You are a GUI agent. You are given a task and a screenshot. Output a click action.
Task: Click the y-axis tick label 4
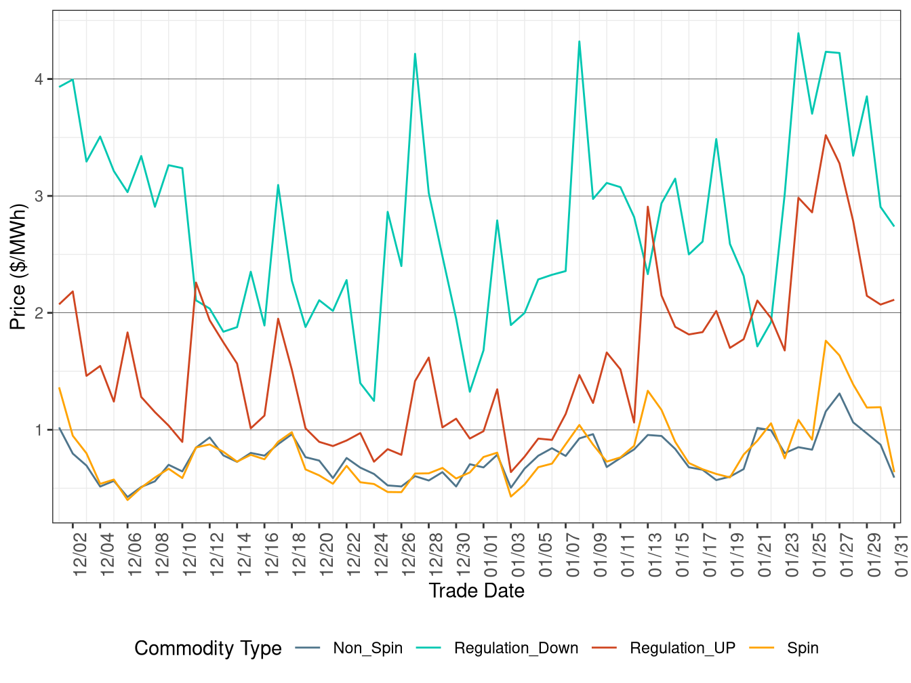click(x=39, y=79)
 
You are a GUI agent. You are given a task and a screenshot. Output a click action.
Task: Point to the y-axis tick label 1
click(x=39, y=430)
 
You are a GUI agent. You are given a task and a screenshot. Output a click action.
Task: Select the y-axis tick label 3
click(x=39, y=196)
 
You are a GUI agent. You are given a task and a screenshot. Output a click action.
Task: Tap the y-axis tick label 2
click(x=39, y=313)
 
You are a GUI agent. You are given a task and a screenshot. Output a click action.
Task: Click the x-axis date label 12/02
click(x=80, y=554)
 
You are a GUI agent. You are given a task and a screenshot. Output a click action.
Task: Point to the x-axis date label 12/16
click(x=272, y=554)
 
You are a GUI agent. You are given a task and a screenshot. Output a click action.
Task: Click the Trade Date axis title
click(x=477, y=591)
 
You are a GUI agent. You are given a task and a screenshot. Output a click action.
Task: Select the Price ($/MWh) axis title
click(x=18, y=267)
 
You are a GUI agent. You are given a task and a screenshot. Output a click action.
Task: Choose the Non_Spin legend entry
click(x=367, y=648)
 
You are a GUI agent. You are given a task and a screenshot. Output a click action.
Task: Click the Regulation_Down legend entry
click(x=516, y=648)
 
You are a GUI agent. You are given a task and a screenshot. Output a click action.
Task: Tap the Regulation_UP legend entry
click(x=682, y=648)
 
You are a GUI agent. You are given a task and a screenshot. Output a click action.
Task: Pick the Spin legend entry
click(x=803, y=648)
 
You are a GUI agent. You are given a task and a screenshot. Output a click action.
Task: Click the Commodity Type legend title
click(x=208, y=648)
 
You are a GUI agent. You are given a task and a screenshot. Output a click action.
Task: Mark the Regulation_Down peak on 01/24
click(x=798, y=33)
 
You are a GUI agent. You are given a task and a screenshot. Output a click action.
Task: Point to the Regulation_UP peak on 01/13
click(x=648, y=207)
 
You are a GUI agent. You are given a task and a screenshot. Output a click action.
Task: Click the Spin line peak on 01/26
click(x=826, y=341)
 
